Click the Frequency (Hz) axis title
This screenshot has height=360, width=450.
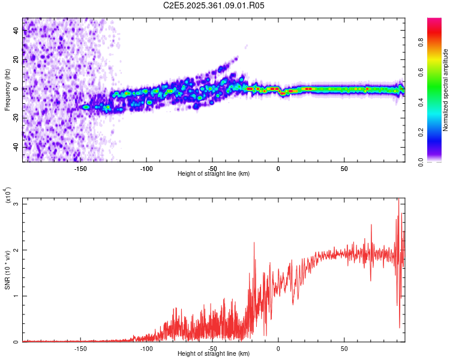click(x=7, y=90)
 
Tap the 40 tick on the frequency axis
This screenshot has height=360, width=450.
click(x=16, y=31)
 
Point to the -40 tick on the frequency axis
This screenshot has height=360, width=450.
click(x=16, y=146)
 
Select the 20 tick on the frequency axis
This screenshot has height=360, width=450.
click(x=16, y=59)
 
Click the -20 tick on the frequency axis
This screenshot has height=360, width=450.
click(x=16, y=118)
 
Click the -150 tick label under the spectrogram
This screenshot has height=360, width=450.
click(x=80, y=169)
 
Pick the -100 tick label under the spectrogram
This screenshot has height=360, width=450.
click(x=146, y=169)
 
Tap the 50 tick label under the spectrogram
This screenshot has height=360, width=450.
click(x=344, y=169)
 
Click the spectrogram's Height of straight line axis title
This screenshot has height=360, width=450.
click(x=214, y=174)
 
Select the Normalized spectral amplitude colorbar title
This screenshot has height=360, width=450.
click(x=446, y=90)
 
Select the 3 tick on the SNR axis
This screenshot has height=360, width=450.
click(x=16, y=204)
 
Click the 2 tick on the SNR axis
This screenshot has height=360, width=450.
click(x=16, y=250)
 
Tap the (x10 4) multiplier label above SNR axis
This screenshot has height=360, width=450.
click(x=9, y=195)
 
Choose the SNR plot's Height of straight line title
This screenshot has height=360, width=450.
click(x=214, y=354)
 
